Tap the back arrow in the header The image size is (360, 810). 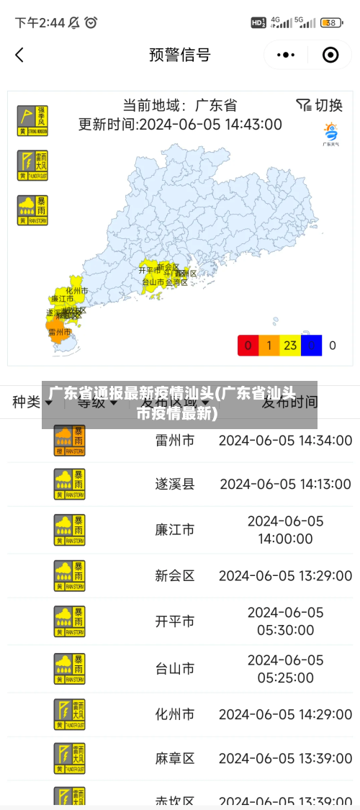pyautogui.click(x=19, y=55)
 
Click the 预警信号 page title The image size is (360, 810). pyautogui.click(x=180, y=55)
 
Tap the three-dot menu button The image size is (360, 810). pyautogui.click(x=286, y=55)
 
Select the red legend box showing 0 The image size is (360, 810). pyautogui.click(x=248, y=346)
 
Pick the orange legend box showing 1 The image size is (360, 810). pyautogui.click(x=269, y=346)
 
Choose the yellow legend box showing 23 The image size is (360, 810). pyautogui.click(x=290, y=346)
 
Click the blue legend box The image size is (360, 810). pyautogui.click(x=311, y=346)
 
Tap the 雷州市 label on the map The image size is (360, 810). pyautogui.click(x=60, y=333)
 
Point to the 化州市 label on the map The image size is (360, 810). pyautogui.click(x=77, y=291)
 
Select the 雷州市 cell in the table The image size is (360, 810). pyautogui.click(x=175, y=440)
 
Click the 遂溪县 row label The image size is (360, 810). pyautogui.click(x=175, y=484)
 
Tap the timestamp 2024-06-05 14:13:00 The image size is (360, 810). pyautogui.click(x=286, y=484)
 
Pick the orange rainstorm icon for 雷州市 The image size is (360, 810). pyautogui.click(x=69, y=440)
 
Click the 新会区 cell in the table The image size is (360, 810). pyautogui.click(x=175, y=575)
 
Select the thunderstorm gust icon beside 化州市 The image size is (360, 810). pyautogui.click(x=69, y=714)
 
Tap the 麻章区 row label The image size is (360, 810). pyautogui.click(x=175, y=758)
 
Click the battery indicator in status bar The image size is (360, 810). pyautogui.click(x=331, y=23)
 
